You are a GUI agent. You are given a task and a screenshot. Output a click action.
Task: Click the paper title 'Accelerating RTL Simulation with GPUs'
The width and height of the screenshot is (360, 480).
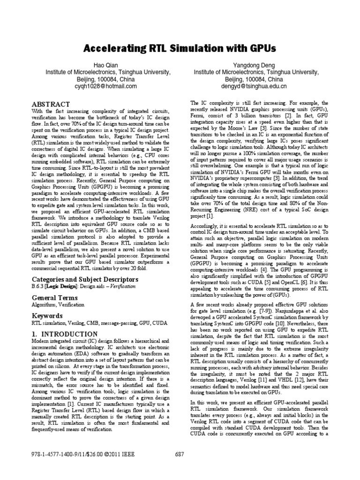point(180,48)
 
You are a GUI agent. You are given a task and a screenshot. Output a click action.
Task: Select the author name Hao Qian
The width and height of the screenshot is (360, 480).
point(105,64)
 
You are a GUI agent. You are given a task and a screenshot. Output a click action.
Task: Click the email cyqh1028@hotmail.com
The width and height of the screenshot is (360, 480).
point(105,87)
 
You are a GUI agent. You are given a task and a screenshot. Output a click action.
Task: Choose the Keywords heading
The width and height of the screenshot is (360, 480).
point(47,316)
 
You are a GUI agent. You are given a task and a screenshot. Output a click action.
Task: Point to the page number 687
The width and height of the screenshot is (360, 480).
point(180,455)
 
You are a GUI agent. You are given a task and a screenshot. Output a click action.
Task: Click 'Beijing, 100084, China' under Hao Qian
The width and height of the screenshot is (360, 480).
point(105,79)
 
